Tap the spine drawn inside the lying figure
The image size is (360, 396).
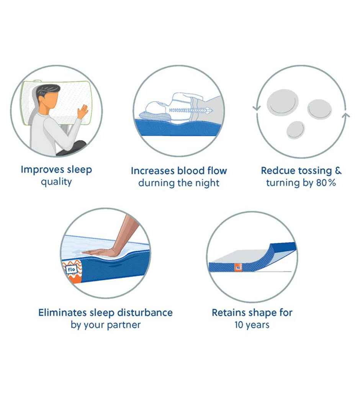pyautogui.click(x=189, y=110)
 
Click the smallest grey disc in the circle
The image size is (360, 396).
pyautogui.click(x=296, y=130)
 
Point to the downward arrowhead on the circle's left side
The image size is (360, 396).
pyautogui.click(x=256, y=108)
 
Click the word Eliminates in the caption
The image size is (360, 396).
pyautogui.click(x=62, y=313)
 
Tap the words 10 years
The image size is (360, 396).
pyautogui.click(x=252, y=325)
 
